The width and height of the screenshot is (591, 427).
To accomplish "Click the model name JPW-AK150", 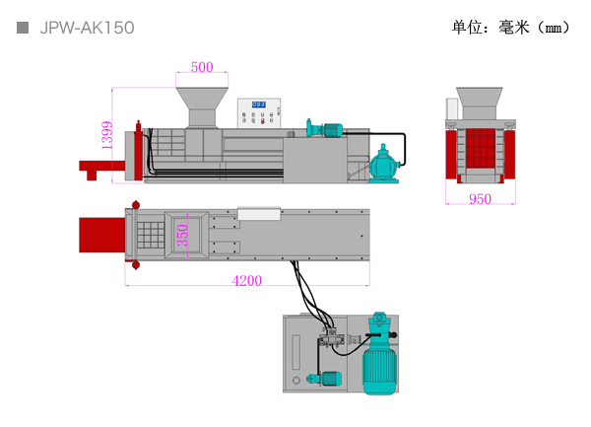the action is [87, 28].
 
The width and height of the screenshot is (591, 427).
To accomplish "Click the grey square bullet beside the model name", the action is [23, 28].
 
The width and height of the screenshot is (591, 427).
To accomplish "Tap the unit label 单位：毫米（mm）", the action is [510, 28].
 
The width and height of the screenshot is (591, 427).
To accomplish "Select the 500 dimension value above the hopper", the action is [202, 67].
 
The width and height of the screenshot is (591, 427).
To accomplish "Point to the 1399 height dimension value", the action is [107, 135].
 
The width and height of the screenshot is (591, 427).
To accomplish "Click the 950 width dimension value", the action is [481, 199].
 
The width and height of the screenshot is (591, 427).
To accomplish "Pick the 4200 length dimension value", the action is [247, 281].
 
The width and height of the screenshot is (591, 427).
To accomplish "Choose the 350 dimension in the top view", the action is [182, 235].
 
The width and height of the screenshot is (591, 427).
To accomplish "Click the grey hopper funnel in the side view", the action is [202, 107].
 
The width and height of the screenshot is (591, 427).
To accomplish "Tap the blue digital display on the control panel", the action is [259, 105].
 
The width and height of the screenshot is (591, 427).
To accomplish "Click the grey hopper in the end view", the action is [480, 104].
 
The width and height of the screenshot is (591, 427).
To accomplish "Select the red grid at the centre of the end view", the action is [481, 148].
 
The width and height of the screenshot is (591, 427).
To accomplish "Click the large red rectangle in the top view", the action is [102, 235].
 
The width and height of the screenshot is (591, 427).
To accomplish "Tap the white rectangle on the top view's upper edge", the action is [259, 213].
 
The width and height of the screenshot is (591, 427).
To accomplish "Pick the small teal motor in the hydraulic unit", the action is [325, 379].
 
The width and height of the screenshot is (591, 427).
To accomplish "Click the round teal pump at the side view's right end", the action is [384, 165].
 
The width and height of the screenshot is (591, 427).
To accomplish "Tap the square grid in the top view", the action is [151, 235].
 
